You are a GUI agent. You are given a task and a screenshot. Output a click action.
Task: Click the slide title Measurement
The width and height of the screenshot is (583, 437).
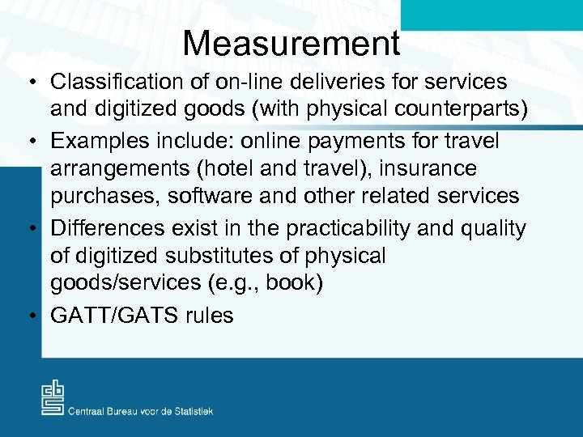(291, 43)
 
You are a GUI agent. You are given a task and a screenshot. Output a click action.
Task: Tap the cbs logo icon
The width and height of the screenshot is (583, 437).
(53, 398)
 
